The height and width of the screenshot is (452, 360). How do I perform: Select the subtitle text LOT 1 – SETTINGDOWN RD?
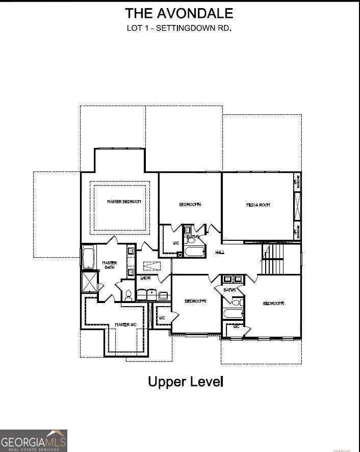coord(179,28)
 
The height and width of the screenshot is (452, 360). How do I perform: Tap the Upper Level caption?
coord(186,381)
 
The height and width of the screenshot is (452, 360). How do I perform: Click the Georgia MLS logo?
coord(34,440)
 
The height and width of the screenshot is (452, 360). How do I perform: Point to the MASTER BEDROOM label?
coord(124,202)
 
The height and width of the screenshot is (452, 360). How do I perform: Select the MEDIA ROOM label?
coord(258,205)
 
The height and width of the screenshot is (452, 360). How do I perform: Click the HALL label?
coord(220,252)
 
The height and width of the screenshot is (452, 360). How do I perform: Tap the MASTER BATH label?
coord(110,265)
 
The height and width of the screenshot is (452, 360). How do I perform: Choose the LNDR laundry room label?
coord(145,278)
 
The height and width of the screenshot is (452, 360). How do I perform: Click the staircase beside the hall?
coord(275,259)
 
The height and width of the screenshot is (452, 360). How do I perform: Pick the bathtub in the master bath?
coord(88,258)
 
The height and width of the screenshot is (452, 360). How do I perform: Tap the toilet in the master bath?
coord(128,294)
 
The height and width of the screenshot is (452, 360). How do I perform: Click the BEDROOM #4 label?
coord(190,205)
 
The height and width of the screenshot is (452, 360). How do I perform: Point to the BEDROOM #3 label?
coord(195,301)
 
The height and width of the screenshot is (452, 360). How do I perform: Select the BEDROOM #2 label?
coord(273,304)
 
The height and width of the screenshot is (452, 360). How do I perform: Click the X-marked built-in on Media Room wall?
coord(297,206)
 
